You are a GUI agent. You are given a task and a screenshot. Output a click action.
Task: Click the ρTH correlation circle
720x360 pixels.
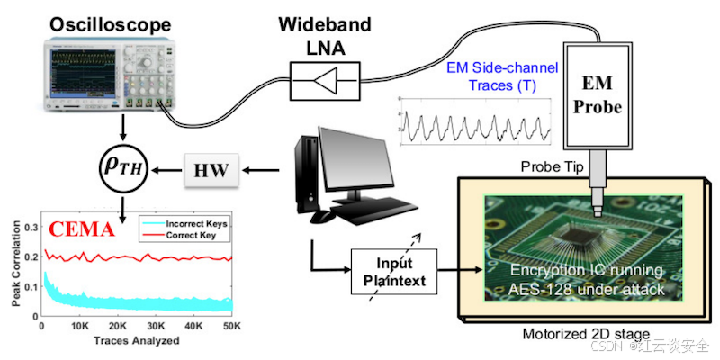(123, 166)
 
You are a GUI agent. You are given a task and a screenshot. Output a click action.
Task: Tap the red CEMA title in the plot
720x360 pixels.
(80, 229)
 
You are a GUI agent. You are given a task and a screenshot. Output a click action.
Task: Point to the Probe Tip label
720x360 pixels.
(553, 168)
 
